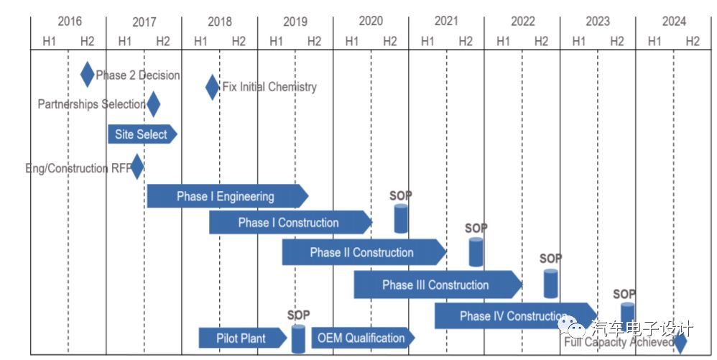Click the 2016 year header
tap(69, 22)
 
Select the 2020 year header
tap(371, 22)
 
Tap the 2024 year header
tap(673, 22)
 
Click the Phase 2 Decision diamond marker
tap(87, 74)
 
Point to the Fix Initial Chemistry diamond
tap(212, 87)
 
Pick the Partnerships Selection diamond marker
tap(152, 104)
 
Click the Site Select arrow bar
tap(142, 134)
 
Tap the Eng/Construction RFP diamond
tap(137, 167)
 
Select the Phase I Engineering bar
tap(226, 196)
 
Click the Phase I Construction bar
tap(290, 223)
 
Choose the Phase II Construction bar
tap(363, 252)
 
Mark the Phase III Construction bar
tap(436, 285)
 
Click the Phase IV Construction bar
tap(514, 315)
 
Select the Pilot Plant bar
tap(241, 338)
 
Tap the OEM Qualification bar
tap(362, 338)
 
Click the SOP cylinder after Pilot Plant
tap(298, 338)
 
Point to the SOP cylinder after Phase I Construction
tap(401, 218)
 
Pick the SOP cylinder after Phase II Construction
tap(476, 251)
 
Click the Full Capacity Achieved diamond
tap(680, 343)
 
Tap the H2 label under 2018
tap(238, 41)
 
